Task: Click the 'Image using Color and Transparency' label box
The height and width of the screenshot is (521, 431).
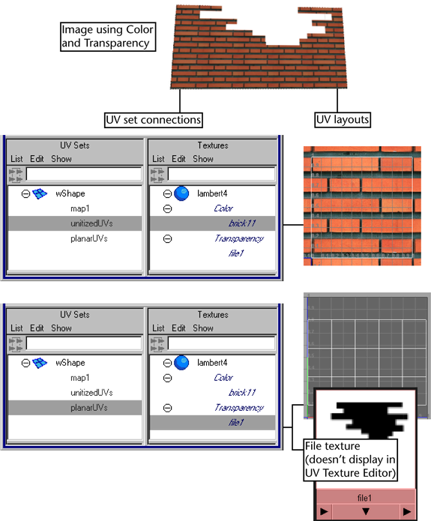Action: pyautogui.click(x=108, y=37)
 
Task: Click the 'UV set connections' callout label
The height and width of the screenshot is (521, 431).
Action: pyautogui.click(x=153, y=120)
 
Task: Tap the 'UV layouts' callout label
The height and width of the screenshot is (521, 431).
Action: pyautogui.click(x=343, y=120)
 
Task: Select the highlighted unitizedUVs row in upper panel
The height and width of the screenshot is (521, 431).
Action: pyautogui.click(x=75, y=223)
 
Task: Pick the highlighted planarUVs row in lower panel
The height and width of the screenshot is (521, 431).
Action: pyautogui.click(x=75, y=408)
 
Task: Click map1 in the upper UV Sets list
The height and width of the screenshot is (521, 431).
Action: pyautogui.click(x=80, y=208)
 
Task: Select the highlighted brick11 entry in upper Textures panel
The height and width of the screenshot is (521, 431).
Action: pyautogui.click(x=213, y=223)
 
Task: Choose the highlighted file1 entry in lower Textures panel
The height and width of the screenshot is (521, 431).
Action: pyautogui.click(x=213, y=422)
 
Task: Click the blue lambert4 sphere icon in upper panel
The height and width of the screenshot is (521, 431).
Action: pyautogui.click(x=181, y=193)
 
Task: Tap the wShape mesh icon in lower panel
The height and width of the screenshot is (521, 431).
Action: pyautogui.click(x=40, y=363)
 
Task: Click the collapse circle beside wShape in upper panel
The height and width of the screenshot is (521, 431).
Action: pyautogui.click(x=25, y=193)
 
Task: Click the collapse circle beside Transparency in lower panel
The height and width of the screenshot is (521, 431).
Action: pyautogui.click(x=167, y=408)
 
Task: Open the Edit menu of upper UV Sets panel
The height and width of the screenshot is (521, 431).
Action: pyautogui.click(x=37, y=159)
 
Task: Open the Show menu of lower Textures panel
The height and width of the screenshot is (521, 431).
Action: pyautogui.click(x=203, y=328)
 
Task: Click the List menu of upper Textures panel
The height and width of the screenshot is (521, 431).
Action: pyautogui.click(x=158, y=159)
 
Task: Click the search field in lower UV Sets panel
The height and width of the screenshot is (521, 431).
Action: pyautogui.click(x=84, y=343)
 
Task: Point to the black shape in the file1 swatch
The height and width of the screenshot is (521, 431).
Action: pyautogui.click(x=370, y=418)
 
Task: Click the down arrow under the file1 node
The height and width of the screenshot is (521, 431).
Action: pyautogui.click(x=366, y=511)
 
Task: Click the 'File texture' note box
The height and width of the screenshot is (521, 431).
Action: pyautogui.click(x=351, y=460)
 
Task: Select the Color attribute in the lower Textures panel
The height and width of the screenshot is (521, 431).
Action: pyautogui.click(x=223, y=378)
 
